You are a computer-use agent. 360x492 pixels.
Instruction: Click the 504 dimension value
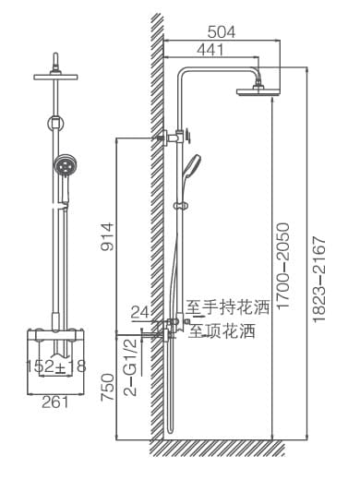tap(221, 31)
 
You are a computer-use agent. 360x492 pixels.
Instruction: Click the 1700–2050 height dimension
tap(283, 268)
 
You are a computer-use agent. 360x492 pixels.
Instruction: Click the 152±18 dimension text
tap(54, 366)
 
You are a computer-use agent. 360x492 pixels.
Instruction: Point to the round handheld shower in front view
tap(63, 167)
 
